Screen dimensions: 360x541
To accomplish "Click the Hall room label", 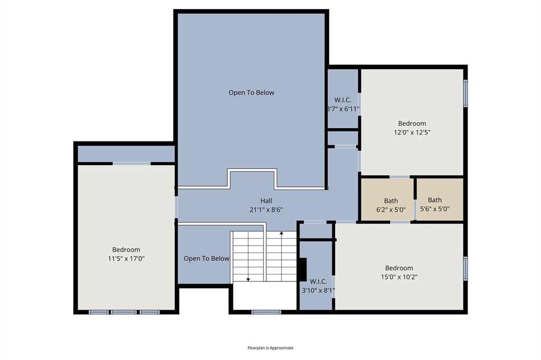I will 266,201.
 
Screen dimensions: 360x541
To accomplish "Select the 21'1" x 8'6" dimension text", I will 266,210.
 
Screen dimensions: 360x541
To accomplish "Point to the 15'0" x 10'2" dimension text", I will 399,277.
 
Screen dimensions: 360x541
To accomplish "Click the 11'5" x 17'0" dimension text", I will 126,259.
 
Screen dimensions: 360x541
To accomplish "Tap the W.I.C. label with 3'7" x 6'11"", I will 342,100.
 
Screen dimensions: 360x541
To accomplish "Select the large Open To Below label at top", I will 251,92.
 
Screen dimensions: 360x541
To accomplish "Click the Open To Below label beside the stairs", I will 207,258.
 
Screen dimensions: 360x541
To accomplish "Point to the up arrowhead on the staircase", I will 282,233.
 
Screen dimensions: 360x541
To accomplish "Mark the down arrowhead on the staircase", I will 248,279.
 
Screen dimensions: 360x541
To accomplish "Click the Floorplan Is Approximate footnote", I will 270,348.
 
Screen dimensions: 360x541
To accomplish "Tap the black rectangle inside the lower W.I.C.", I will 303,270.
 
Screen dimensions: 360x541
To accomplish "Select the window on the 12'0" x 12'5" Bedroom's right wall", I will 465,93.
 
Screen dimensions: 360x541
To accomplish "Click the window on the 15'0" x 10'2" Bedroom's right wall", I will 465,268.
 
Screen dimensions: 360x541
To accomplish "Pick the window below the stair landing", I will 266,312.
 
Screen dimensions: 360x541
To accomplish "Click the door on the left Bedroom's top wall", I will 132,164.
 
